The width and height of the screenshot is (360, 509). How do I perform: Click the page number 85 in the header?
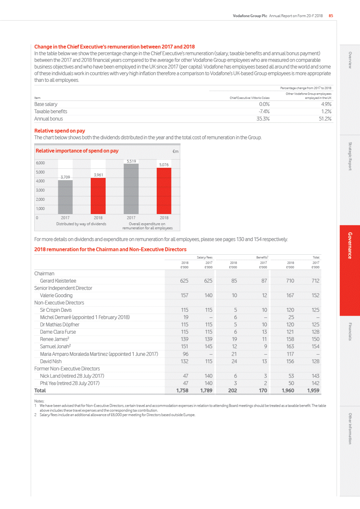(331, 16)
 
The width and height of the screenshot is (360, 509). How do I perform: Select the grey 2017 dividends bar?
(65, 197)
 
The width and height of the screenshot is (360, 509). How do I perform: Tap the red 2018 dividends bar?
(98, 196)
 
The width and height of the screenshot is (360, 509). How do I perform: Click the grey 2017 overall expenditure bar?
(131, 189)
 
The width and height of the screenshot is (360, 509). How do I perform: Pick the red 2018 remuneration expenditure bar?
(164, 191)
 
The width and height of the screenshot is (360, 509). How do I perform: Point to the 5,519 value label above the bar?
(131, 161)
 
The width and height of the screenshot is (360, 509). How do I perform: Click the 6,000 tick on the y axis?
(40, 163)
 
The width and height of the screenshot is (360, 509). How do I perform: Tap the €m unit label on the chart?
(175, 151)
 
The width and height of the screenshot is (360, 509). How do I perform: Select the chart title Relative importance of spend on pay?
(77, 151)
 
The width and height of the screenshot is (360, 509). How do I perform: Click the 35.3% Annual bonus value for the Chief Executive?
(263, 119)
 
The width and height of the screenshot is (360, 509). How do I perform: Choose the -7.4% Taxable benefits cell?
(264, 111)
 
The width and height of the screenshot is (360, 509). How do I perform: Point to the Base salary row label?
(46, 104)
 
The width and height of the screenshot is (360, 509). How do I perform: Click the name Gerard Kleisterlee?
(58, 281)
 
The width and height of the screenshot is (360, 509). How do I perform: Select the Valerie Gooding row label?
(56, 295)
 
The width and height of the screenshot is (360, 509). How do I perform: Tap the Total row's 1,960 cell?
(288, 391)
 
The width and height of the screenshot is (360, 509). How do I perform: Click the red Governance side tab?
(350, 245)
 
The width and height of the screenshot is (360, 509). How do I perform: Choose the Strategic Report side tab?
(350, 156)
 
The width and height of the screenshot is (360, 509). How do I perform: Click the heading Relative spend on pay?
(60, 131)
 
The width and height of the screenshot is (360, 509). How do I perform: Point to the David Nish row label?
(51, 361)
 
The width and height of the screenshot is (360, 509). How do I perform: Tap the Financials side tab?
(350, 331)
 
